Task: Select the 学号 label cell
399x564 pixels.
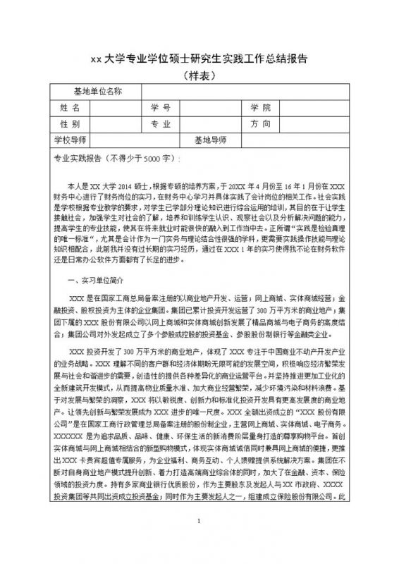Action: [161, 108]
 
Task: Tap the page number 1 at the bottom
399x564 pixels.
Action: [199, 541]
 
